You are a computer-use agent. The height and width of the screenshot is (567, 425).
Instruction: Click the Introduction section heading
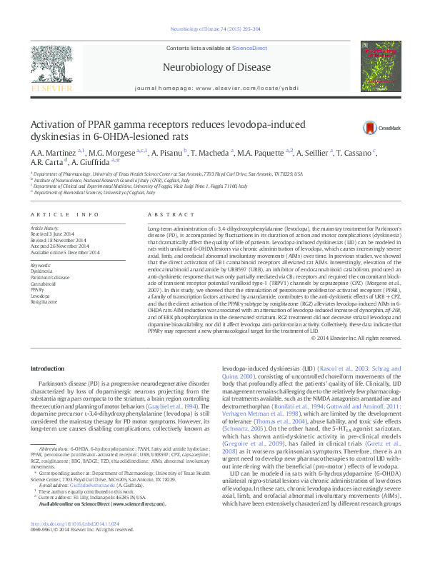49,368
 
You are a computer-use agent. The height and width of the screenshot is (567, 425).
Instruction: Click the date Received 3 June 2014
52,234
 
